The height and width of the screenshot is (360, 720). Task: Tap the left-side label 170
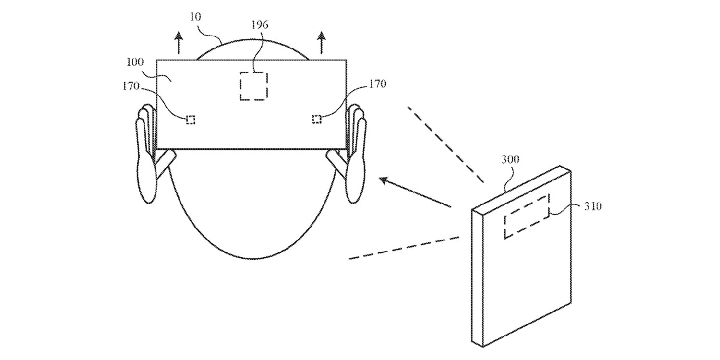tap(131, 86)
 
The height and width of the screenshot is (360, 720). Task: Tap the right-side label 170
tap(377, 84)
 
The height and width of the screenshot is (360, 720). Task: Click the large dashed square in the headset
tap(253, 86)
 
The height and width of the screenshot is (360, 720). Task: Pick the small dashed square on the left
tap(191, 120)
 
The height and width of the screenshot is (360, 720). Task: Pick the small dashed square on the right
tap(317, 119)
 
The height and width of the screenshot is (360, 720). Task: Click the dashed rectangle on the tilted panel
tap(527, 216)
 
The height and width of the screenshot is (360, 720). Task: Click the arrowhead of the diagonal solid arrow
tap(384, 180)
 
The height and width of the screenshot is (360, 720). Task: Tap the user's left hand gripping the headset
tap(145, 154)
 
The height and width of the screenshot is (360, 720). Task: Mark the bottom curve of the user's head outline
tap(250, 257)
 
